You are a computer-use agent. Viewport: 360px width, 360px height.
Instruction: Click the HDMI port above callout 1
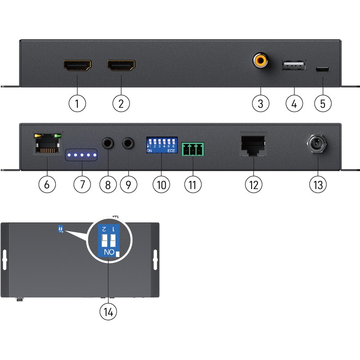77,67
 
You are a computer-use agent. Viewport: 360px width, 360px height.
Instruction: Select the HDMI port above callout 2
121,67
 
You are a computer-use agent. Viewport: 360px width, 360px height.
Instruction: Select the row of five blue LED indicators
81,156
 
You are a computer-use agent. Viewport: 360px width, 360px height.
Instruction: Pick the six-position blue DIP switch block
161,145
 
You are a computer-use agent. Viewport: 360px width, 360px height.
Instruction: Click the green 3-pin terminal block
193,149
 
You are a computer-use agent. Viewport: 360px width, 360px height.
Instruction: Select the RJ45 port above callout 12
253,144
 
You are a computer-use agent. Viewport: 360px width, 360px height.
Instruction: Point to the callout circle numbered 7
81,184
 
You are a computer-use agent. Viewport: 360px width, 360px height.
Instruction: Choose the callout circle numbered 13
318,184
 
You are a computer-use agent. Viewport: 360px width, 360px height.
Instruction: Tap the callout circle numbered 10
161,184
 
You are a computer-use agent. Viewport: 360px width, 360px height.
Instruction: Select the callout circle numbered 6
47,184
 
